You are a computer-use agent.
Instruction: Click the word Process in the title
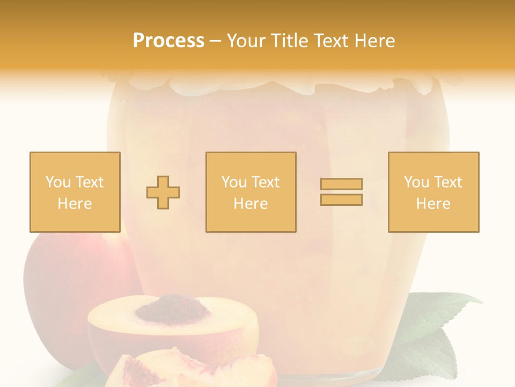pos(168,41)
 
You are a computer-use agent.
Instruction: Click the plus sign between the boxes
pos(163,192)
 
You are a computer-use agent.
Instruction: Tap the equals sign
pos(341,192)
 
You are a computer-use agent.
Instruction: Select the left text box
pos(75,192)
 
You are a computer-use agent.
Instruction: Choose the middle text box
pos(251,192)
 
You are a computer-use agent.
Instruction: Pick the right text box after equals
pos(433,192)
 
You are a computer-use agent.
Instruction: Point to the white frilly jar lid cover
pos(279,84)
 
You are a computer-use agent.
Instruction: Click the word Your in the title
pos(245,41)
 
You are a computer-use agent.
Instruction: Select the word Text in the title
pos(330,41)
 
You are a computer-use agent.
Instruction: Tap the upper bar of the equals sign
pos(341,184)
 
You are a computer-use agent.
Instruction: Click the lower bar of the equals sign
pos(341,200)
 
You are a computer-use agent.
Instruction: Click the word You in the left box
pos(57,182)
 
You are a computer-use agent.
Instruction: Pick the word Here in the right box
pos(433,204)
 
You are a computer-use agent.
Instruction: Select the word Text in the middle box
pos(266,182)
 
